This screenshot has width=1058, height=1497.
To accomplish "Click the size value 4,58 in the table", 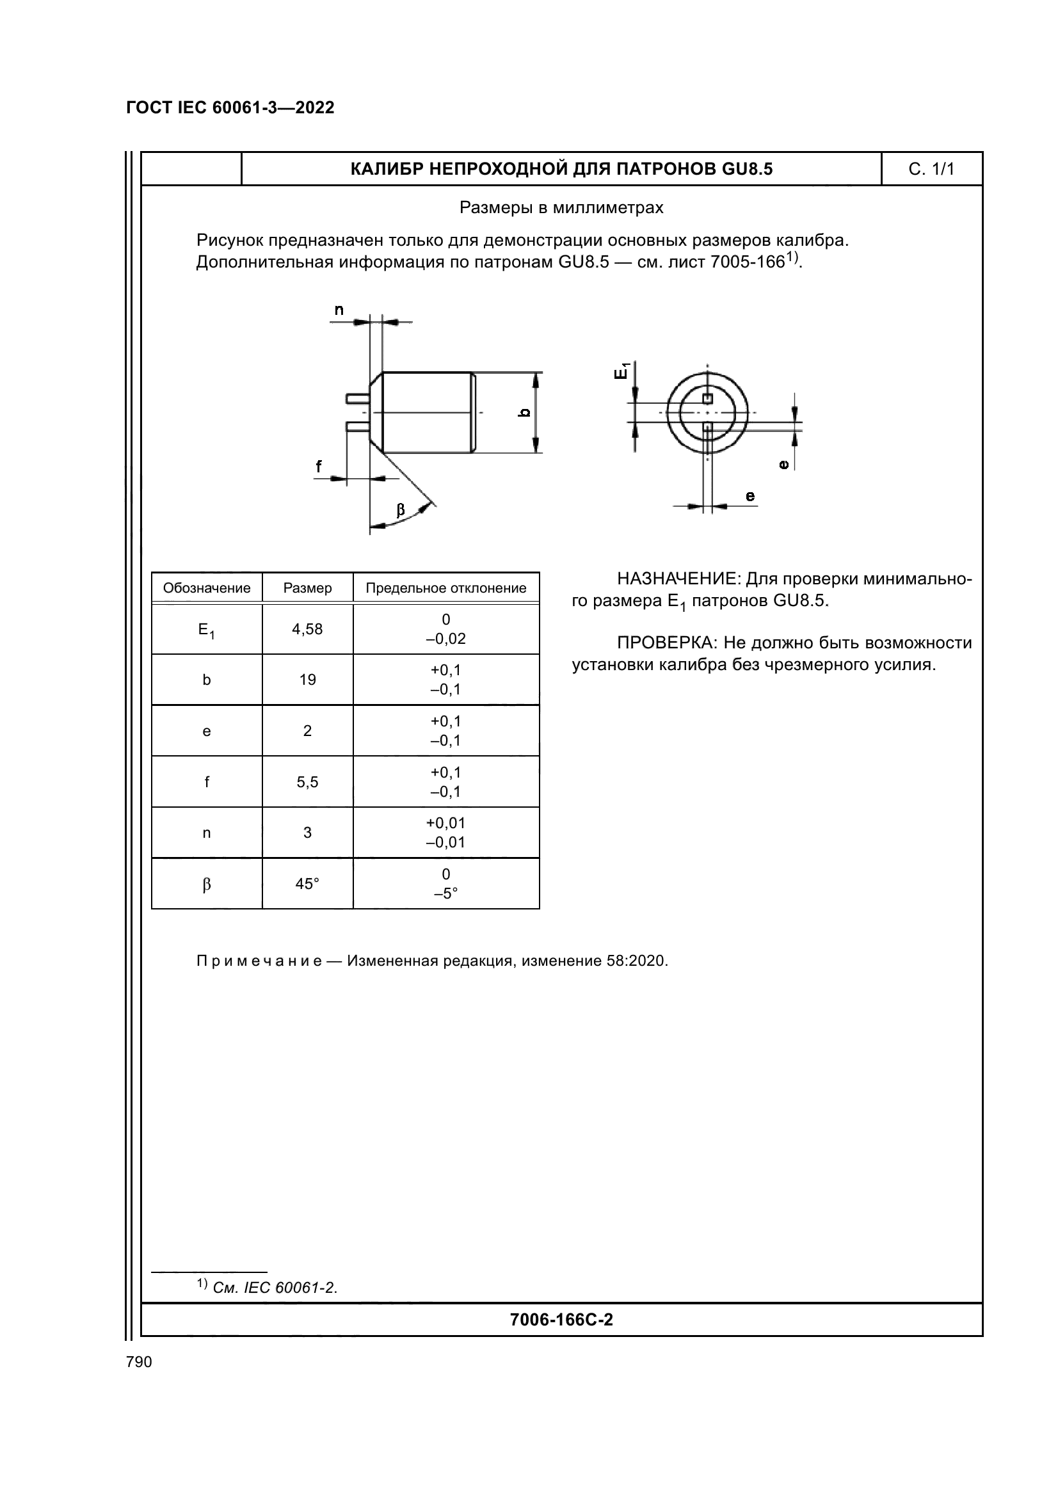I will (x=307, y=629).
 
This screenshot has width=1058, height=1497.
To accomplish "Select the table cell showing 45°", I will (x=307, y=884).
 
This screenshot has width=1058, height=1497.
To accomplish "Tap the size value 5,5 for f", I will (x=307, y=781).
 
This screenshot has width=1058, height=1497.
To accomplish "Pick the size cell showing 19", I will (x=307, y=680).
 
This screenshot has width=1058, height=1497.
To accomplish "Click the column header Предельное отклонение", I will (x=446, y=588).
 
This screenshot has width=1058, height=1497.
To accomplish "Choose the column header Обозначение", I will (x=207, y=588).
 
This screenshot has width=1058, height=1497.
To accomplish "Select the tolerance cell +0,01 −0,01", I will (x=446, y=833).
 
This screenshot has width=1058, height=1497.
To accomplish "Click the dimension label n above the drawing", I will (x=339, y=310).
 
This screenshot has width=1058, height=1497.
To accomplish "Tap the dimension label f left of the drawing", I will (x=319, y=466).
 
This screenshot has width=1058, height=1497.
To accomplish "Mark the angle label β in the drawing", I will (x=400, y=510).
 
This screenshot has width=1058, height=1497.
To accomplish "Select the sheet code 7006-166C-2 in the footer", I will (x=561, y=1320).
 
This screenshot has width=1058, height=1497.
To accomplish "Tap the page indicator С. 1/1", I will (x=931, y=170).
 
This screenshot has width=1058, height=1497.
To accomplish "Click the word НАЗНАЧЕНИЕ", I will (x=676, y=579).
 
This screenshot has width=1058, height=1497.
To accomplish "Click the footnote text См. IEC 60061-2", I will (x=275, y=1288).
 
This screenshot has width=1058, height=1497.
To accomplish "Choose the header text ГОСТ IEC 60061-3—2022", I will (x=230, y=108).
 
